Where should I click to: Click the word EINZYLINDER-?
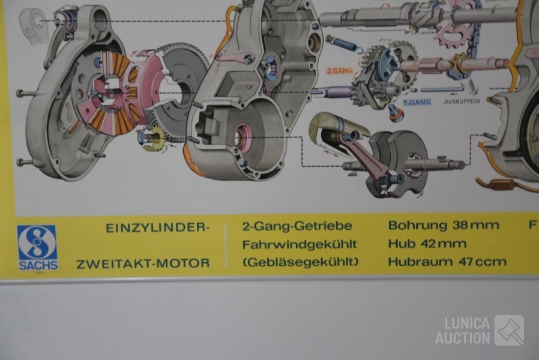tap(158, 228)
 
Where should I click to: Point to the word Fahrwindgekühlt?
tap(300, 244)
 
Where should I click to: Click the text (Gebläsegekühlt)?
tap(300, 262)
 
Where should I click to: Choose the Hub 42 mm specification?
tap(427, 244)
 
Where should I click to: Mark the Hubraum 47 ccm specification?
tap(447, 262)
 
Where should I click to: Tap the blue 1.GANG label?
tap(417, 103)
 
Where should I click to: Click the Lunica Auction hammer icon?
tap(509, 330)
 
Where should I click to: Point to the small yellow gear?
tap(154, 139)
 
